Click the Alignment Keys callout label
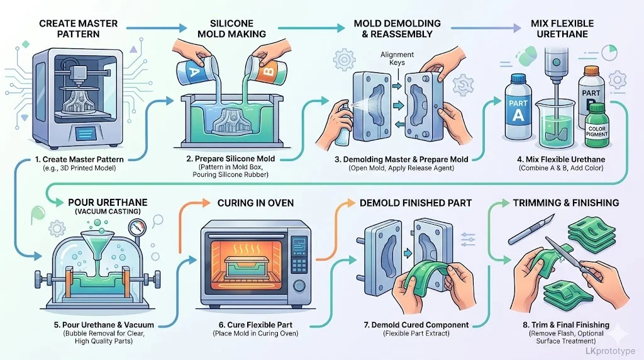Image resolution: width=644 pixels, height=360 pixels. (397, 59)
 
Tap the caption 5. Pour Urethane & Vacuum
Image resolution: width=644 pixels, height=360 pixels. (94, 325)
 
